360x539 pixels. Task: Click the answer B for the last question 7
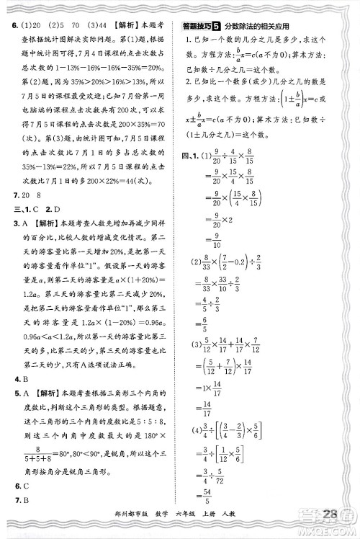coord(24,499)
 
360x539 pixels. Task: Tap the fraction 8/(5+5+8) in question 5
coord(27,454)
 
